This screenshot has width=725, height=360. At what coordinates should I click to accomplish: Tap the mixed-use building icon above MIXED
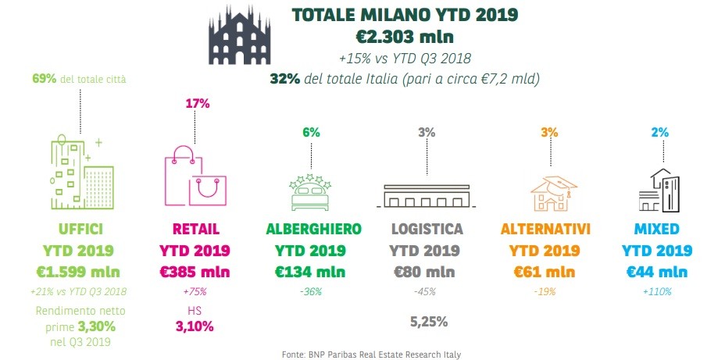tap(659, 190)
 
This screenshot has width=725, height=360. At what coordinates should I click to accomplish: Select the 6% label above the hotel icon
tap(311, 132)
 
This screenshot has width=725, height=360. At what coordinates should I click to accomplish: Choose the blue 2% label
tap(659, 132)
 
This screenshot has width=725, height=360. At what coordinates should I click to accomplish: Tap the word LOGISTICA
tap(427, 230)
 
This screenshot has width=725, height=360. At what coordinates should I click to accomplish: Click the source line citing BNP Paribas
tap(371, 354)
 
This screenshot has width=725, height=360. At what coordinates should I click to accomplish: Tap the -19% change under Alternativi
tap(545, 291)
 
